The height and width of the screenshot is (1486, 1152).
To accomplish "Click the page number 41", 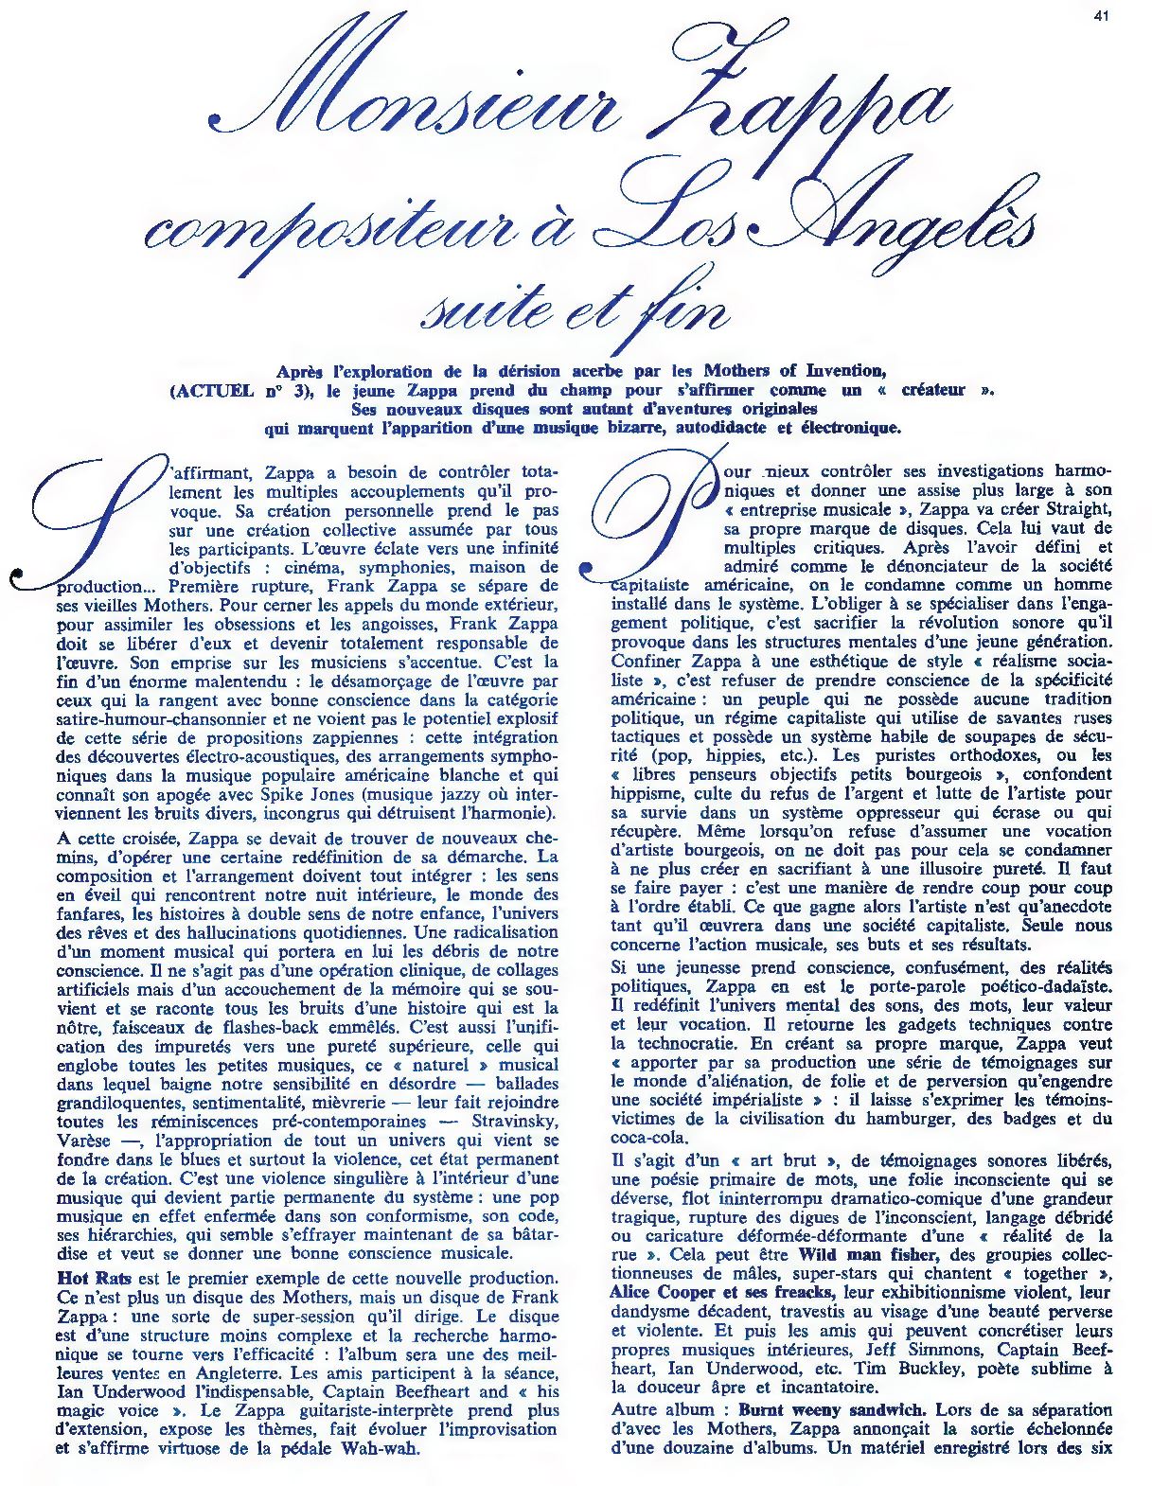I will tap(1101, 14).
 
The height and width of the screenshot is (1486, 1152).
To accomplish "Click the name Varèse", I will tap(83, 1141).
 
